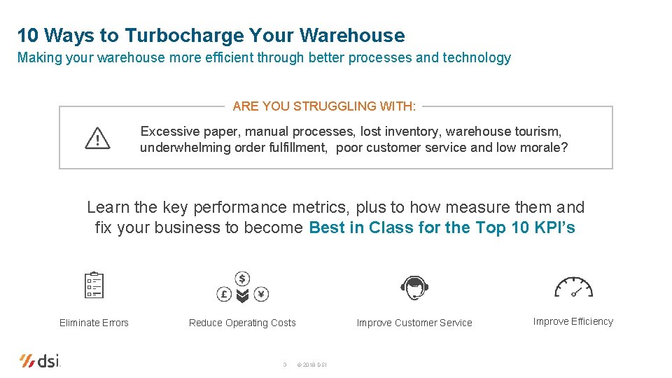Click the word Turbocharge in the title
[x=184, y=35]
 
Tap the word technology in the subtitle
[x=477, y=58]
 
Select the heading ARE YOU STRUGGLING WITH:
[x=324, y=106]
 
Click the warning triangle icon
[x=97, y=139]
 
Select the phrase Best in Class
[x=362, y=228]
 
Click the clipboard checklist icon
[x=94, y=286]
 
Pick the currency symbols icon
[x=242, y=288]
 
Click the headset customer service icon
[x=414, y=286]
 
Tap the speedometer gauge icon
[x=573, y=287]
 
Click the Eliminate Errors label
[x=94, y=323]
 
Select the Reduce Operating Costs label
[x=242, y=323]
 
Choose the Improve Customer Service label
[x=414, y=323]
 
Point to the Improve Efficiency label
[x=573, y=322]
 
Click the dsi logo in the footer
[x=41, y=360]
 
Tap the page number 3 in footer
[x=284, y=365]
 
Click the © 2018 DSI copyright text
[x=311, y=365]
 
